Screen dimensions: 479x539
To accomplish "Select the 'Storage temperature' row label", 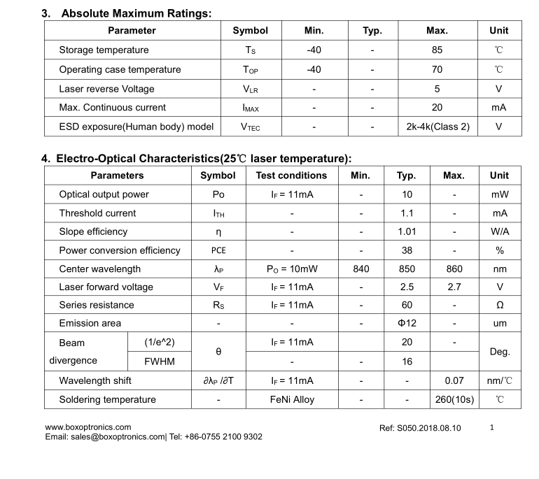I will (104, 50).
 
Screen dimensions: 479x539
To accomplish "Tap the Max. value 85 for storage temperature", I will (437, 50).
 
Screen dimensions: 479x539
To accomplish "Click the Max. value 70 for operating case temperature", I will (437, 70).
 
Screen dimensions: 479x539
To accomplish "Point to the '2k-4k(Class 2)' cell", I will (437, 127).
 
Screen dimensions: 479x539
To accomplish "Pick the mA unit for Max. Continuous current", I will (498, 108).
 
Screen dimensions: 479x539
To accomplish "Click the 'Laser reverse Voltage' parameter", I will (106, 89).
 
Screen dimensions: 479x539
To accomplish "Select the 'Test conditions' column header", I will (291, 176).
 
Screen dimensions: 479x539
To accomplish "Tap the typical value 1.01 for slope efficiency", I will (407, 231).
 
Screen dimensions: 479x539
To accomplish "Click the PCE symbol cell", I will (218, 250).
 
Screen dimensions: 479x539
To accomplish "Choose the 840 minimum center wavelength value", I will (360, 269).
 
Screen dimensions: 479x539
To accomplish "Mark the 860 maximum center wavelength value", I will (454, 269).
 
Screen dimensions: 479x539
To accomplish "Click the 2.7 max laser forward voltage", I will (454, 287).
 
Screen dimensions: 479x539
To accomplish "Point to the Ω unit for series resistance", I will (499, 306).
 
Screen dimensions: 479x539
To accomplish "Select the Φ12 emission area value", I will (407, 324).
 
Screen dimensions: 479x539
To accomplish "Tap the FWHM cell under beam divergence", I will (159, 362).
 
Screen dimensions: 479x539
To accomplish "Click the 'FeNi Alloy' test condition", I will (292, 400).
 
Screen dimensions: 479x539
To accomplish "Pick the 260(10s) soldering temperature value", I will (454, 400).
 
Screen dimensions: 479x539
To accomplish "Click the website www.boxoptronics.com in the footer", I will (88, 427).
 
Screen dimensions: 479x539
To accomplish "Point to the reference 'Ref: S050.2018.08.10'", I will (420, 428).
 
